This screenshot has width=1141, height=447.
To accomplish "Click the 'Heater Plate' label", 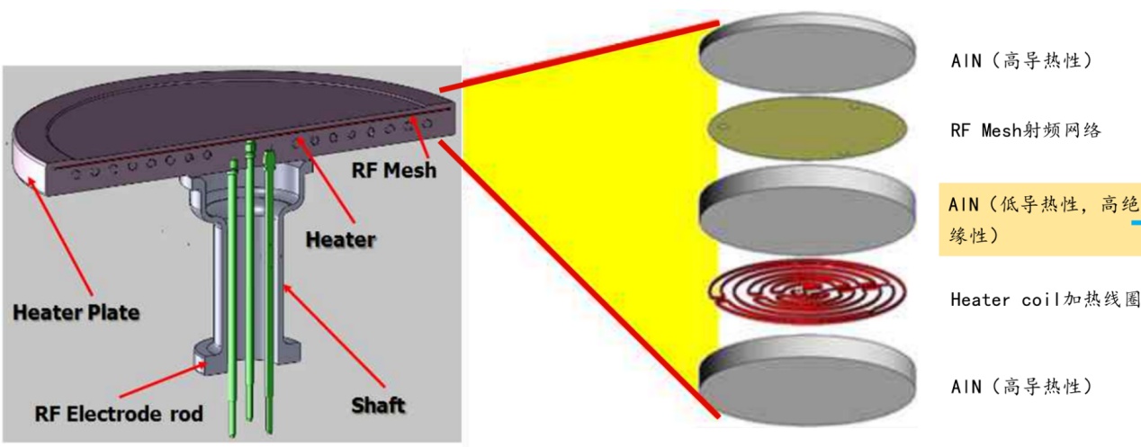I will (x=76, y=313).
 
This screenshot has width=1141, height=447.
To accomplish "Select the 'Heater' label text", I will (x=338, y=240).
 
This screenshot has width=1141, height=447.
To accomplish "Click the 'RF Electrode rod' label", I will (x=119, y=415).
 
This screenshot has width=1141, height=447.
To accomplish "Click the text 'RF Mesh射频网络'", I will (x=1026, y=131).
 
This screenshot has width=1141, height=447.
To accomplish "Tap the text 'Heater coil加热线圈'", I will (x=1044, y=299).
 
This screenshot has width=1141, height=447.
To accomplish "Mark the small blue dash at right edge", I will (x=1136, y=222).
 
